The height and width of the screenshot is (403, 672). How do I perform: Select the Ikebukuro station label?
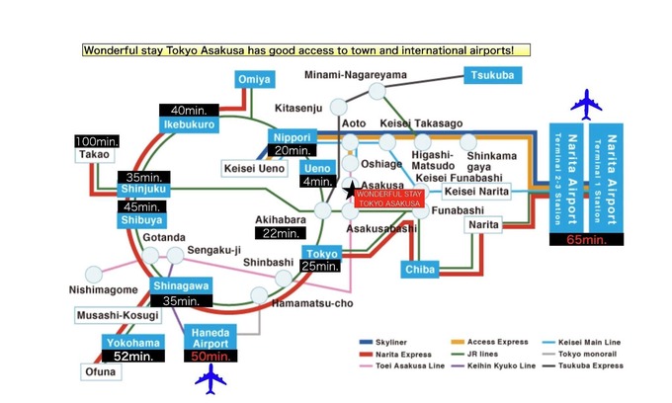coord(184,126)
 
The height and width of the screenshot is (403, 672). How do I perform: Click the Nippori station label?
coord(290,137)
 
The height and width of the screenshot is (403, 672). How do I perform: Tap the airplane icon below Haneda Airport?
coord(210,379)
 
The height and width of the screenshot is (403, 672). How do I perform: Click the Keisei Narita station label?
coord(477,192)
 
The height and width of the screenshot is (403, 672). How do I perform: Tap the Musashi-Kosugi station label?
coord(117,315)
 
